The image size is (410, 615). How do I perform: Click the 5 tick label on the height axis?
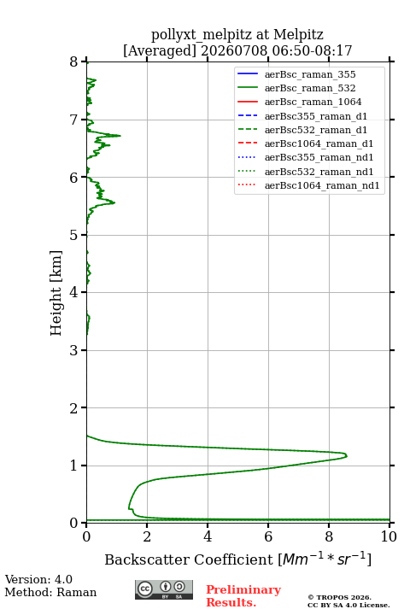click(x=74, y=235)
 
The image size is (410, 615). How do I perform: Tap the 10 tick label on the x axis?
click(x=389, y=536)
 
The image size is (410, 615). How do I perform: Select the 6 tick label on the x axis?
click(x=268, y=536)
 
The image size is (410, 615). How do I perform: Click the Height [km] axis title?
click(x=56, y=293)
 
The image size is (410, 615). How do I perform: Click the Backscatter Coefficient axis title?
click(x=237, y=559)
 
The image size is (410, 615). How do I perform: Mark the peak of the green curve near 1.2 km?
click(x=347, y=456)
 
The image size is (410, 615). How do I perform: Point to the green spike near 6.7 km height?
click(x=120, y=136)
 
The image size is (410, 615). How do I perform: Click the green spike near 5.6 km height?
click(x=114, y=202)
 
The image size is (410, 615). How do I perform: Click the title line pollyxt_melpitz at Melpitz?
click(x=237, y=34)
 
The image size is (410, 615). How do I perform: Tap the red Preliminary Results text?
click(x=243, y=595)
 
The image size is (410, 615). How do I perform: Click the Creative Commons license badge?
click(x=164, y=589)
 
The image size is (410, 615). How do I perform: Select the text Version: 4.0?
click(x=38, y=579)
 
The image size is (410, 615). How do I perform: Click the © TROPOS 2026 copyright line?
click(x=340, y=597)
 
